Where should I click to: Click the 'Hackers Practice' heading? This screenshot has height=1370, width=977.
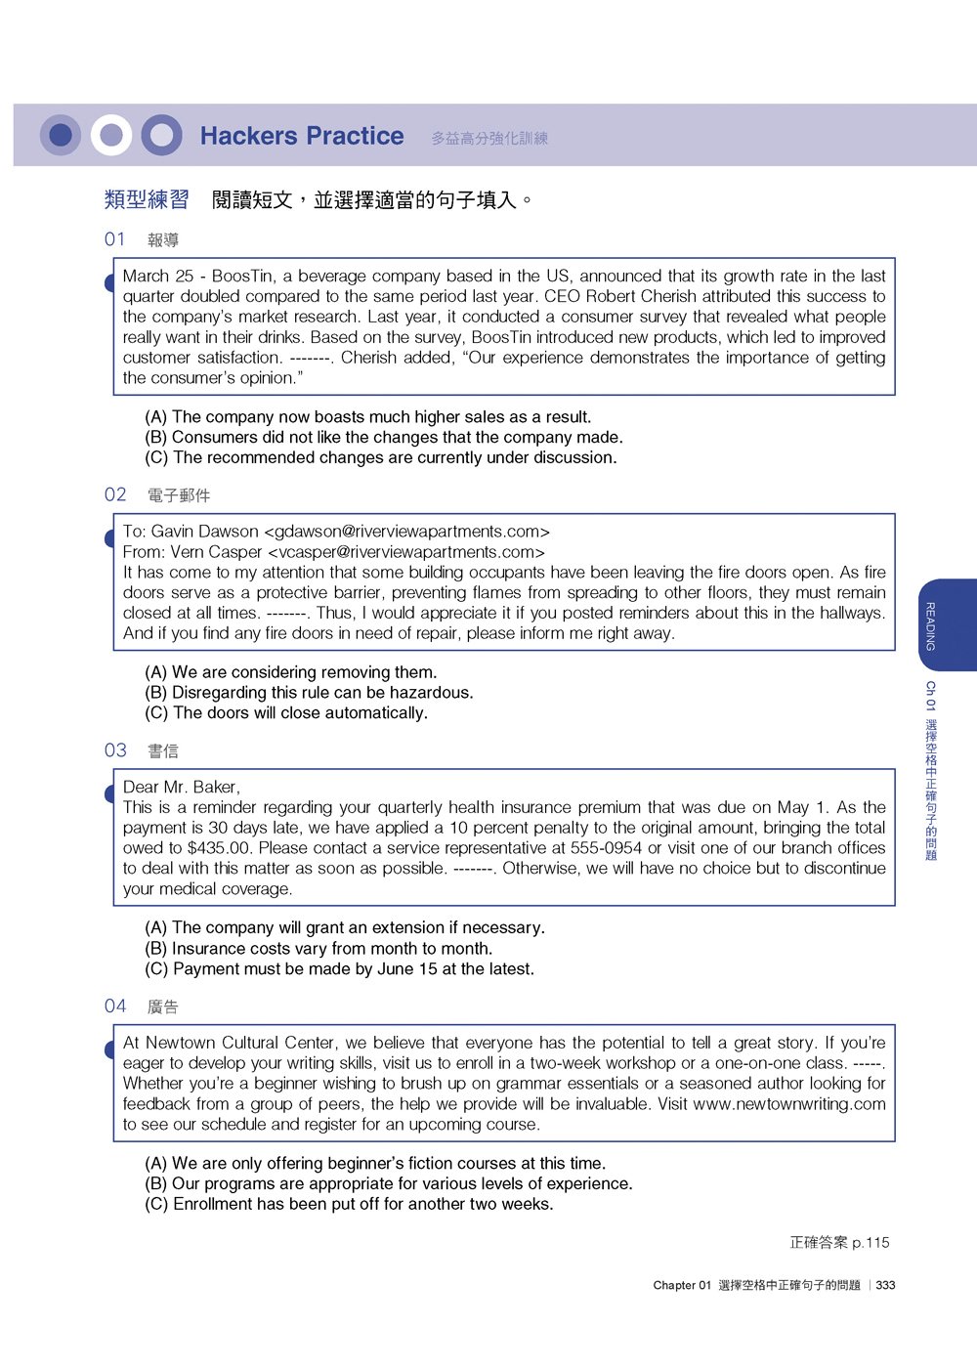[302, 136]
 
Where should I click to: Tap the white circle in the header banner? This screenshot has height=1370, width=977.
[111, 135]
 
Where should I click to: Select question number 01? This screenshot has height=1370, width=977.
[115, 239]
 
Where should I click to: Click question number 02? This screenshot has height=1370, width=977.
[115, 494]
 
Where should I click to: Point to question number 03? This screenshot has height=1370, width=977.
[115, 750]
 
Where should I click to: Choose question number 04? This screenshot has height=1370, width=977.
[115, 1006]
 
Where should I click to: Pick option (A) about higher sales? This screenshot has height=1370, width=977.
[367, 417]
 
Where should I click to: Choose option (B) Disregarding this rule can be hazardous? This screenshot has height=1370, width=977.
[309, 693]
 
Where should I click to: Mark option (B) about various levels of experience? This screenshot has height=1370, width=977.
[388, 1183]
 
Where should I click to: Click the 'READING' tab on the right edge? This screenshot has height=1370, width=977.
[931, 625]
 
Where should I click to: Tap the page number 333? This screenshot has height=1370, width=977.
[886, 1285]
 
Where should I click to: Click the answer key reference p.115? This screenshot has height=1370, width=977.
[871, 1243]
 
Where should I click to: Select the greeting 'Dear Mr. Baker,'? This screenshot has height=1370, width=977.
[182, 788]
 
